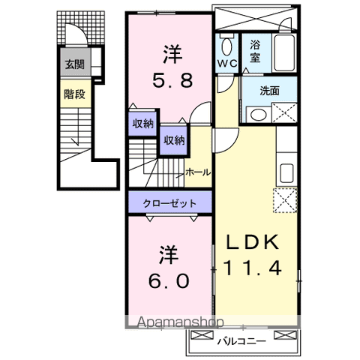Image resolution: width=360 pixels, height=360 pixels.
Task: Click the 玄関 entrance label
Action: click(73, 65)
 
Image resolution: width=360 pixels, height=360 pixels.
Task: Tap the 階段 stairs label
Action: click(73, 95)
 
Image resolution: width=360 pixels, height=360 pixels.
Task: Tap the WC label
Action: click(227, 64)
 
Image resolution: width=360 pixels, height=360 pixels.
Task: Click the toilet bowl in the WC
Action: click(227, 44)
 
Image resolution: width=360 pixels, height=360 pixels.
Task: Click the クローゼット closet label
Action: click(172, 203)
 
